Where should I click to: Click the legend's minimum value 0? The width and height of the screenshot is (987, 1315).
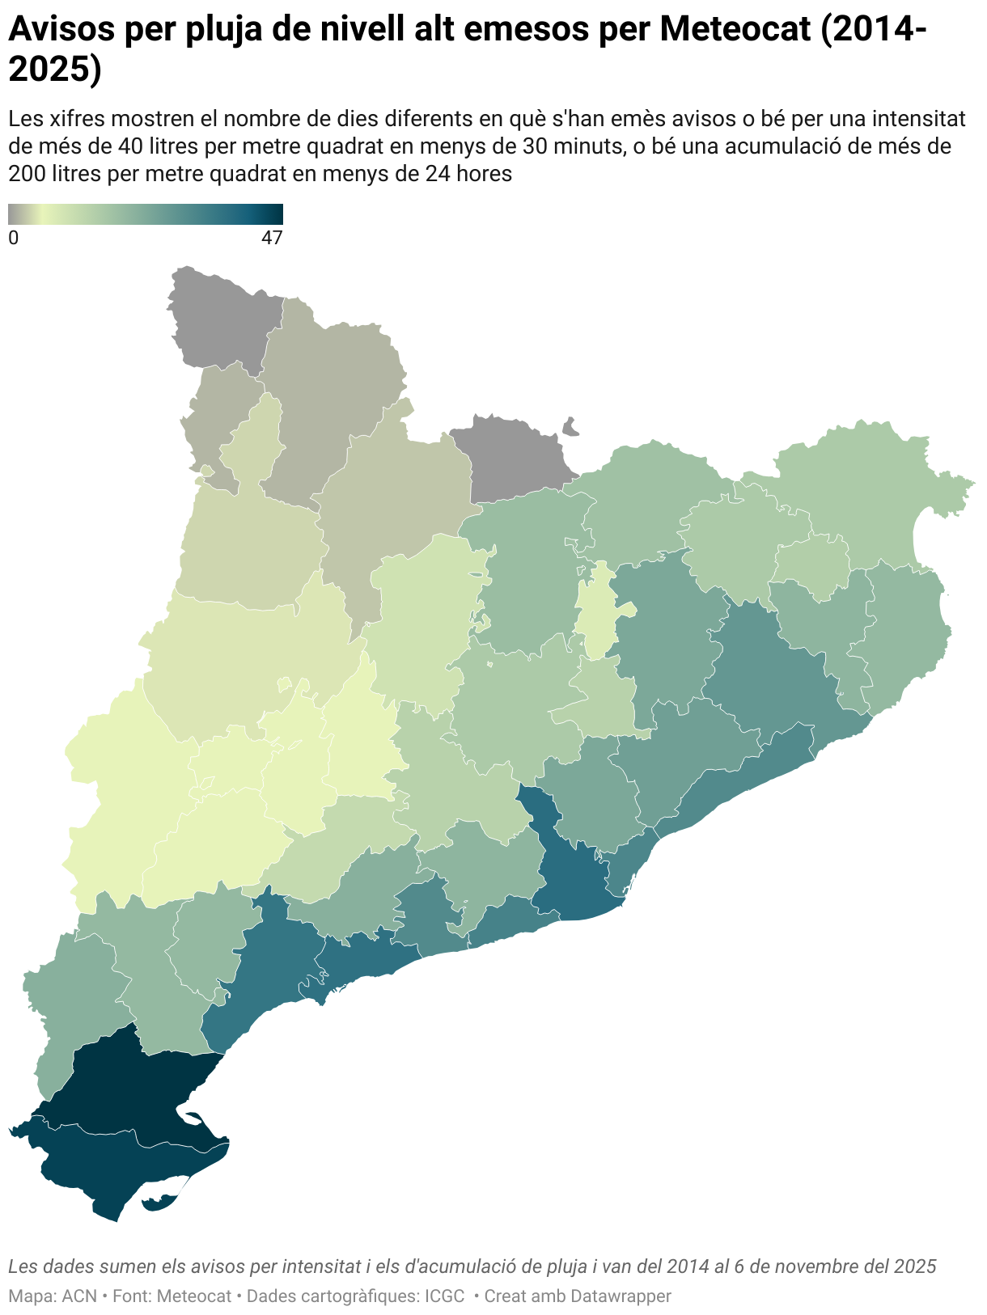(13, 238)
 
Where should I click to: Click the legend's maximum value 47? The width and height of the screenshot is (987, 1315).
(272, 238)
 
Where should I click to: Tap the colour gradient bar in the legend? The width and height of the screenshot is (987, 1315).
(146, 214)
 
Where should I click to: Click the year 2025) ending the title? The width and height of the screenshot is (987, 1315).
(55, 70)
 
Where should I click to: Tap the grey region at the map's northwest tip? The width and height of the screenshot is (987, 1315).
(218, 319)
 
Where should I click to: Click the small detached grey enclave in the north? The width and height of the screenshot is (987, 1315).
(571, 426)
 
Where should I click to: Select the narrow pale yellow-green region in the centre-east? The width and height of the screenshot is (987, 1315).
(599, 615)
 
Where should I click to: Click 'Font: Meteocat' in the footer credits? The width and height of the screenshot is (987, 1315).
(172, 1296)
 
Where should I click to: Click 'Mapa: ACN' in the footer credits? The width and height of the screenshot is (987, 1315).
(52, 1296)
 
